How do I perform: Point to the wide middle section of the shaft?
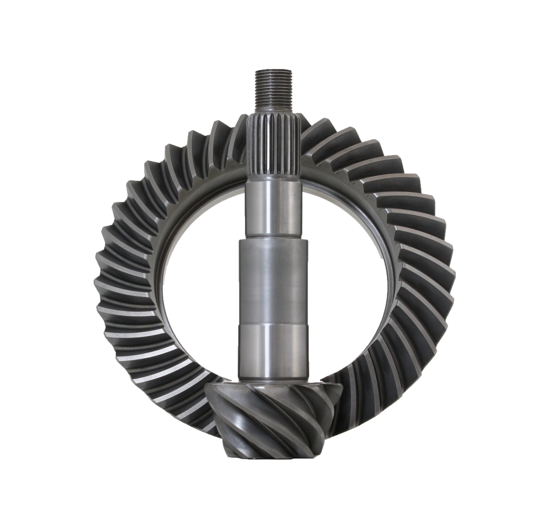coord(274,278)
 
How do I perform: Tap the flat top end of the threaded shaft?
coord(274,70)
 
